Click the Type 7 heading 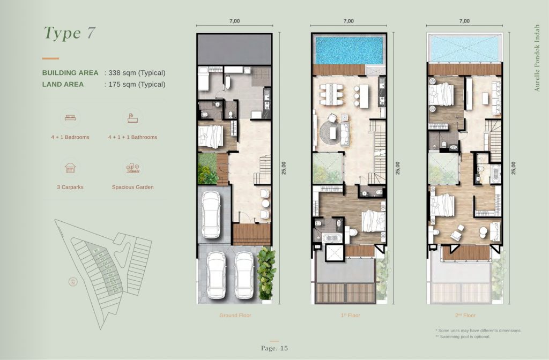click(70, 33)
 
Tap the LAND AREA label click(63, 84)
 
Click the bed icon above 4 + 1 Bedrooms click(70, 117)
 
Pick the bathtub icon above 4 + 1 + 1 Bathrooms click(131, 117)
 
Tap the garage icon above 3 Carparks click(70, 167)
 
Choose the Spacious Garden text click(132, 187)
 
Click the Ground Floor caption click(235, 316)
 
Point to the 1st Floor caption click(350, 316)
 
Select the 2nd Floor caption click(465, 316)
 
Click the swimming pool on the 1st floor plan click(348, 50)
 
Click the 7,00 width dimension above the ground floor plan click(234, 21)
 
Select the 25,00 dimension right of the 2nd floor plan click(513, 168)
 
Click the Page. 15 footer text click(274, 348)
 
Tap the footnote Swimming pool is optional click(463, 336)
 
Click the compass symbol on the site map click(72, 282)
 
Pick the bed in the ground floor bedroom click(211, 136)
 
